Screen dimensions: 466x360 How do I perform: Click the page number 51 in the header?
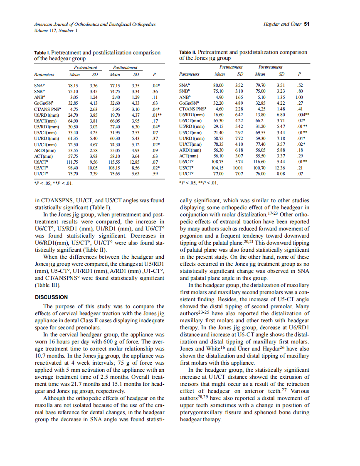(307, 25)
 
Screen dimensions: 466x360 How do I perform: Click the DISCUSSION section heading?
(51, 297)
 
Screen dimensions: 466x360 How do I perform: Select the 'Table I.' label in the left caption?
(42, 53)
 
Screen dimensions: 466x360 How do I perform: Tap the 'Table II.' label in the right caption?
(188, 52)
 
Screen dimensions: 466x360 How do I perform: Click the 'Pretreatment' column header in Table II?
(231, 67)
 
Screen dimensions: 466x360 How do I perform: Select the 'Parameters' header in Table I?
(44, 75)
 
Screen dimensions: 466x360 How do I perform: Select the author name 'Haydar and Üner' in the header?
(283, 25)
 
